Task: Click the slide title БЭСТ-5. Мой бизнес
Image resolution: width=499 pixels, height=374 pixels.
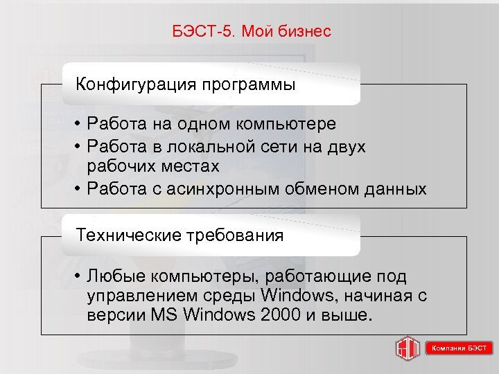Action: [x=250, y=32]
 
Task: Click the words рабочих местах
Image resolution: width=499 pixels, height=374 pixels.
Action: [x=153, y=166]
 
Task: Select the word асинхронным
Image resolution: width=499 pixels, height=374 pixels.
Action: [x=228, y=188]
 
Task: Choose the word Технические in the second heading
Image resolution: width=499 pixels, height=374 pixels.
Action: [x=128, y=235]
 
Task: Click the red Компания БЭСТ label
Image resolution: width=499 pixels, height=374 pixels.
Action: [x=459, y=348]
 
